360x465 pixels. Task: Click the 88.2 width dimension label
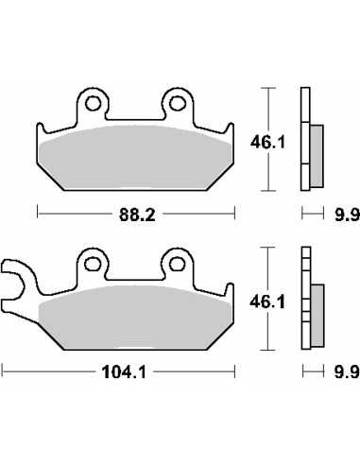[137, 215]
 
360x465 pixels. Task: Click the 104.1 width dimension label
[124, 372]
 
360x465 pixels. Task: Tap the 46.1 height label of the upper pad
[267, 143]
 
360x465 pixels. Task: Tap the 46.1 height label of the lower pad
[267, 301]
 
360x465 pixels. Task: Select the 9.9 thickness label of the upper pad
[347, 215]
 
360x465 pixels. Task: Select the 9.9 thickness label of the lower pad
[347, 372]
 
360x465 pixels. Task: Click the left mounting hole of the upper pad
[93, 103]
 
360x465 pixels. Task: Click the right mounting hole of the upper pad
[177, 103]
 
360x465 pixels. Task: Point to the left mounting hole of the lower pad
[93, 264]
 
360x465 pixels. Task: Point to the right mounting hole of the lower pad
[177, 264]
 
